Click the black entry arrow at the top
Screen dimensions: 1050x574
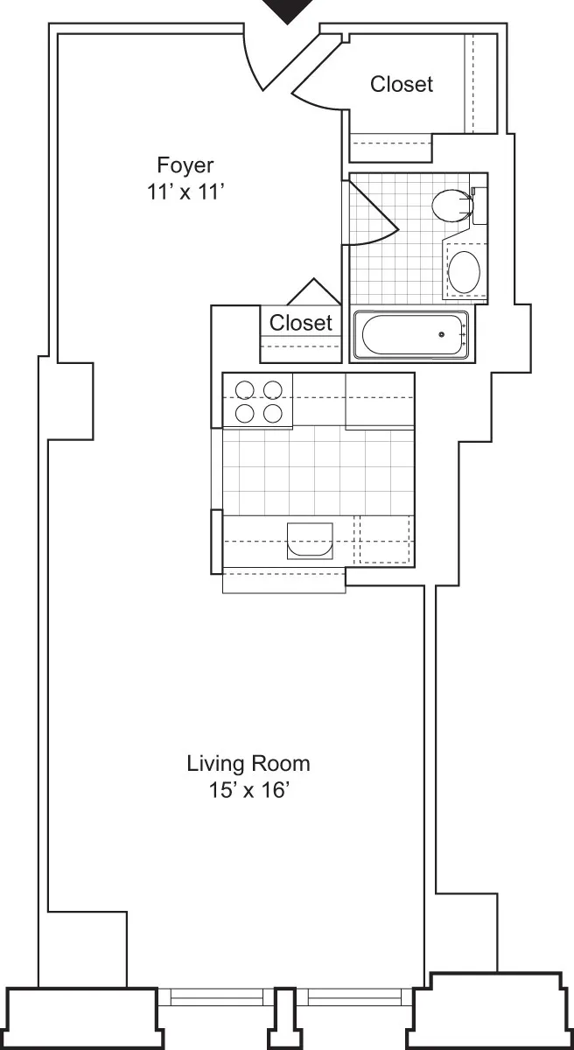click(x=288, y=10)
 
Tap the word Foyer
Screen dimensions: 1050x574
click(x=185, y=164)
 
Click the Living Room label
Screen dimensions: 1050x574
click(x=248, y=763)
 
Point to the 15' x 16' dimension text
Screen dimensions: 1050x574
click(x=248, y=792)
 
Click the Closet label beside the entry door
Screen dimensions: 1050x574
click(x=401, y=84)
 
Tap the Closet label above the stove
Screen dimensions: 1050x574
click(x=301, y=323)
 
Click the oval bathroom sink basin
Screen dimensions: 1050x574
click(x=464, y=271)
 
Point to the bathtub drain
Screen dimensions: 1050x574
click(x=443, y=333)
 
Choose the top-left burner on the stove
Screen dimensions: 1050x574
click(x=245, y=389)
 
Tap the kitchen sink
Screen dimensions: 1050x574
click(x=310, y=541)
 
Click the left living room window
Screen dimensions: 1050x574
click(x=216, y=997)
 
